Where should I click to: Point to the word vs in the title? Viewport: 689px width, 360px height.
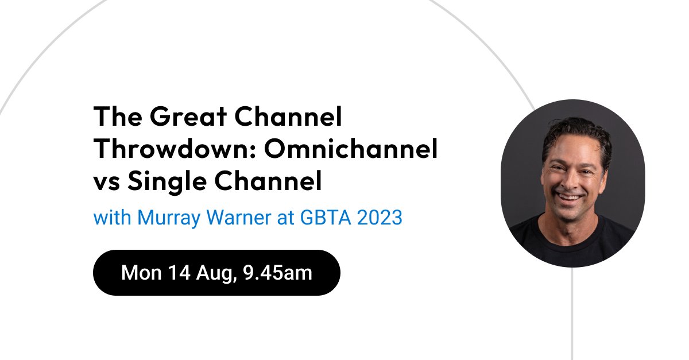tap(105, 183)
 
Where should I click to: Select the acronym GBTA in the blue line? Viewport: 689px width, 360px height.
tap(316, 218)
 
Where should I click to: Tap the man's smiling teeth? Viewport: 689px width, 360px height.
tap(569, 198)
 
